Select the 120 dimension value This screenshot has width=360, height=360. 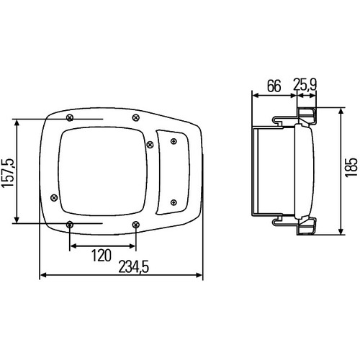coord(102,256)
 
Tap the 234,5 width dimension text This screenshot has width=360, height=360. coord(134,267)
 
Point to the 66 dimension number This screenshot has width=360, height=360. coord(274,86)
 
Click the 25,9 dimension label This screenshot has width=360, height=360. coord(305,84)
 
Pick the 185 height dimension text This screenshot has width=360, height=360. coord(351,167)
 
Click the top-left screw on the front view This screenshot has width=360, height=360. coord(70,118)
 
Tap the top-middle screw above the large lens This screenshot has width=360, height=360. coord(136,117)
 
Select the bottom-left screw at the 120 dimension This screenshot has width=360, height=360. coord(70,225)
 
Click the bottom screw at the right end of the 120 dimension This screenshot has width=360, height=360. coord(136,225)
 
